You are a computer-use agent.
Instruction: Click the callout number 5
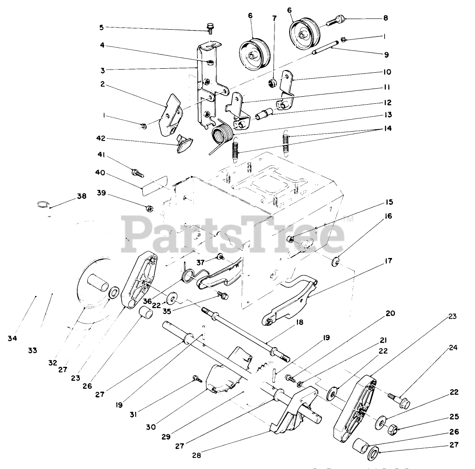tap(102, 27)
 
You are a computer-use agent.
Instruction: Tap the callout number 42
tap(102, 140)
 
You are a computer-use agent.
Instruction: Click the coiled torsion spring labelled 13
tap(222, 133)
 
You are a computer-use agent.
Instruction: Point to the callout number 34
tap(12, 339)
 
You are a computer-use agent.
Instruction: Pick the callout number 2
tap(102, 84)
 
